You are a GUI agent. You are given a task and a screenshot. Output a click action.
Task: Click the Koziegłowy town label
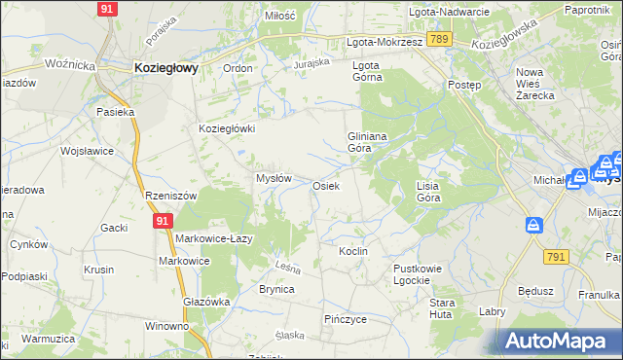click(x=165, y=68)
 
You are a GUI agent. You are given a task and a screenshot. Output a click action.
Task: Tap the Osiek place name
click(x=326, y=186)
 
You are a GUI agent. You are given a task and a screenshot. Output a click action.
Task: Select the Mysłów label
click(x=274, y=178)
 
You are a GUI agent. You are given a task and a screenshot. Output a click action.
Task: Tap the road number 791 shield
click(x=556, y=256)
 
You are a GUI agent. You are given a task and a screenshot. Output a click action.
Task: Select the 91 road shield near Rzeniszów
click(x=162, y=221)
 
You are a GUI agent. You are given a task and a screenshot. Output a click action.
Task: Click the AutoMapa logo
click(x=555, y=341)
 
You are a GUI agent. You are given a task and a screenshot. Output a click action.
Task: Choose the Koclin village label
click(x=353, y=251)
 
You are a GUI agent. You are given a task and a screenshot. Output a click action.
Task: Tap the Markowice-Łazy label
click(x=215, y=239)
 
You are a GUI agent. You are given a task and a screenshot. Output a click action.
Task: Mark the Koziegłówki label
click(x=227, y=128)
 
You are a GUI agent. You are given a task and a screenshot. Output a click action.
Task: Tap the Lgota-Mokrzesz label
click(x=385, y=43)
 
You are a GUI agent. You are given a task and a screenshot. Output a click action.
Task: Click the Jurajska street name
click(x=313, y=63)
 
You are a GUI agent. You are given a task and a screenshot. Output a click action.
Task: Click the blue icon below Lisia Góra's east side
click(x=533, y=226)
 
